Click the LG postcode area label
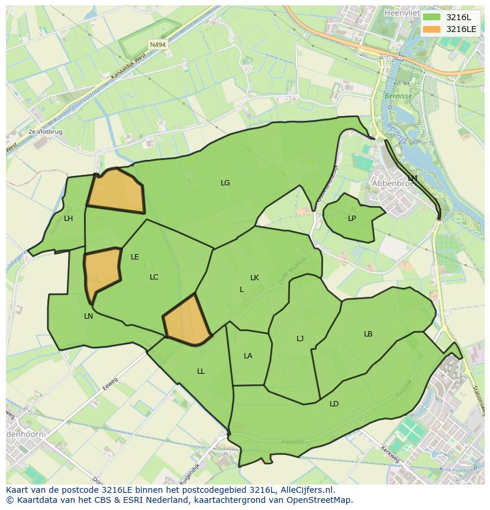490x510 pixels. coord(225,183)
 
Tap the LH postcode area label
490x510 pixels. coord(69,219)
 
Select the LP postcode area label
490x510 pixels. coord(352,219)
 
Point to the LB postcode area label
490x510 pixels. coord(368,334)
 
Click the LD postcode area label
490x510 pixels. coord(334,404)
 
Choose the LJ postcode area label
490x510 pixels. coord(300,339)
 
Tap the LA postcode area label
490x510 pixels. coord(248,356)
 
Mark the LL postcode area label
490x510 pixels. coord(201,371)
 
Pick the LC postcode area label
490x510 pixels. coord(154,277)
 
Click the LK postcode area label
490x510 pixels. coord(254,278)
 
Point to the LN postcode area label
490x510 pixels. coord(88,316)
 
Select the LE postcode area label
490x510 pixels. coord(135,257)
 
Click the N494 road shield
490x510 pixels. coord(157,44)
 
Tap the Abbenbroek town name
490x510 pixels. coord(391,184)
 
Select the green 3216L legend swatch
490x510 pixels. coord(432,17)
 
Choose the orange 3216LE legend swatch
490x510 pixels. coord(432,29)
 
